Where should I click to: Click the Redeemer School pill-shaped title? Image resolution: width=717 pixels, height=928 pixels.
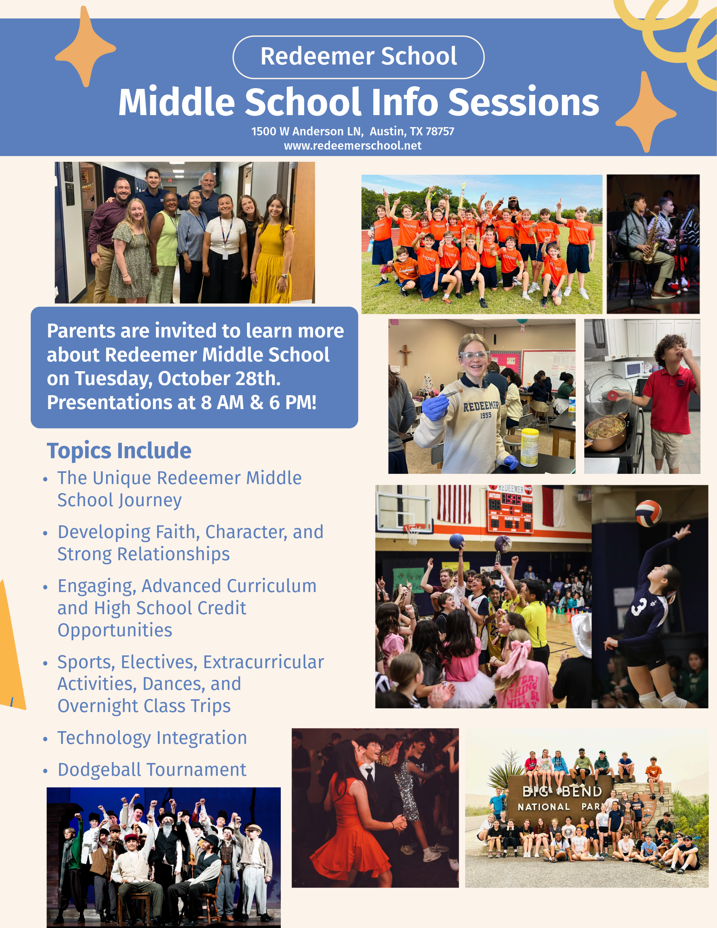[358, 57]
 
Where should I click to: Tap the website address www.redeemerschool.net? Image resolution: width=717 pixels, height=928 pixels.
[353, 146]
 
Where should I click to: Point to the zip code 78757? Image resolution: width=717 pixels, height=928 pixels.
[440, 131]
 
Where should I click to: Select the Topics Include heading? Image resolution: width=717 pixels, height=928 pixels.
[119, 450]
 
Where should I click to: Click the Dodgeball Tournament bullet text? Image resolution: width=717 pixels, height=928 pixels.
[152, 769]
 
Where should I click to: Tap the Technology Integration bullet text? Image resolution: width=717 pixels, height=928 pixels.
[152, 738]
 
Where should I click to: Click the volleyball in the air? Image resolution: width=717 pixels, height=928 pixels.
[649, 513]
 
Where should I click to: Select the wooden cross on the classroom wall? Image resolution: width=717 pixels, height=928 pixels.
[406, 355]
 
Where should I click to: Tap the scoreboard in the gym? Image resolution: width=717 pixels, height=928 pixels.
[510, 509]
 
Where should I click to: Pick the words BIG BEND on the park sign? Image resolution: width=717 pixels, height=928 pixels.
[562, 791]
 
